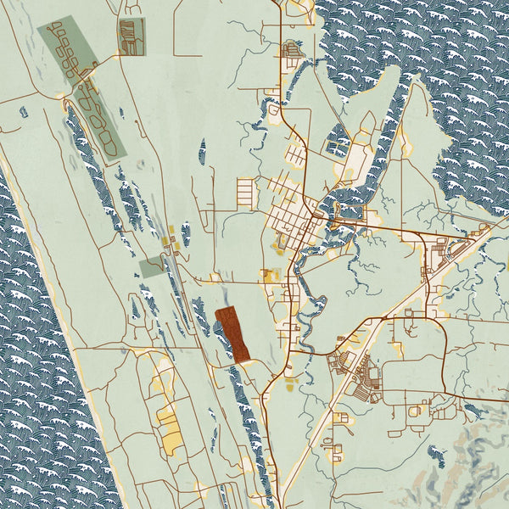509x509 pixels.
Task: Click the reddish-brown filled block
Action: (x=232, y=334)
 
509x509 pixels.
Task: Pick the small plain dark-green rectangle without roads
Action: (x=151, y=267)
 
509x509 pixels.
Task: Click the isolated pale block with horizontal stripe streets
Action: (x=245, y=192)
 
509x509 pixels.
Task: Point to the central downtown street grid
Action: (x=293, y=218)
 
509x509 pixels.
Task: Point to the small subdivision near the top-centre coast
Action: (x=292, y=50)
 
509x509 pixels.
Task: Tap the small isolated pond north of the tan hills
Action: (x=436, y=454)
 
